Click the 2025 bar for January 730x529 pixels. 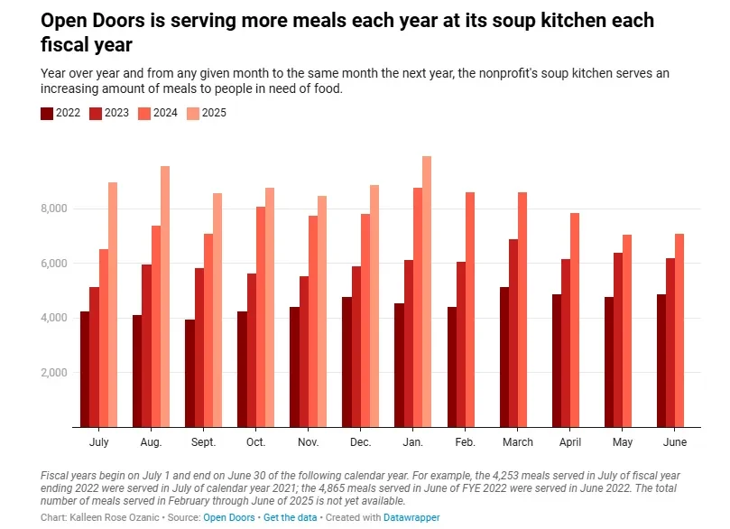(x=427, y=292)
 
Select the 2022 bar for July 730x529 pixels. (x=85, y=369)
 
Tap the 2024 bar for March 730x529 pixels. (x=522, y=310)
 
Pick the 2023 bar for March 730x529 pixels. (x=513, y=333)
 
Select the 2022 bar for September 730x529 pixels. (x=189, y=373)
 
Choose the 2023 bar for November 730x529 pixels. (x=304, y=352)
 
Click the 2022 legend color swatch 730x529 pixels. (x=47, y=113)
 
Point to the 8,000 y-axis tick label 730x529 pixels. (x=54, y=209)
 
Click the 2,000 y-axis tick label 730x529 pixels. (x=54, y=373)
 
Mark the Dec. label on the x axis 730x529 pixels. (x=360, y=442)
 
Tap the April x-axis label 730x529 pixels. (x=570, y=442)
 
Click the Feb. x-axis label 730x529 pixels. (x=466, y=442)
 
